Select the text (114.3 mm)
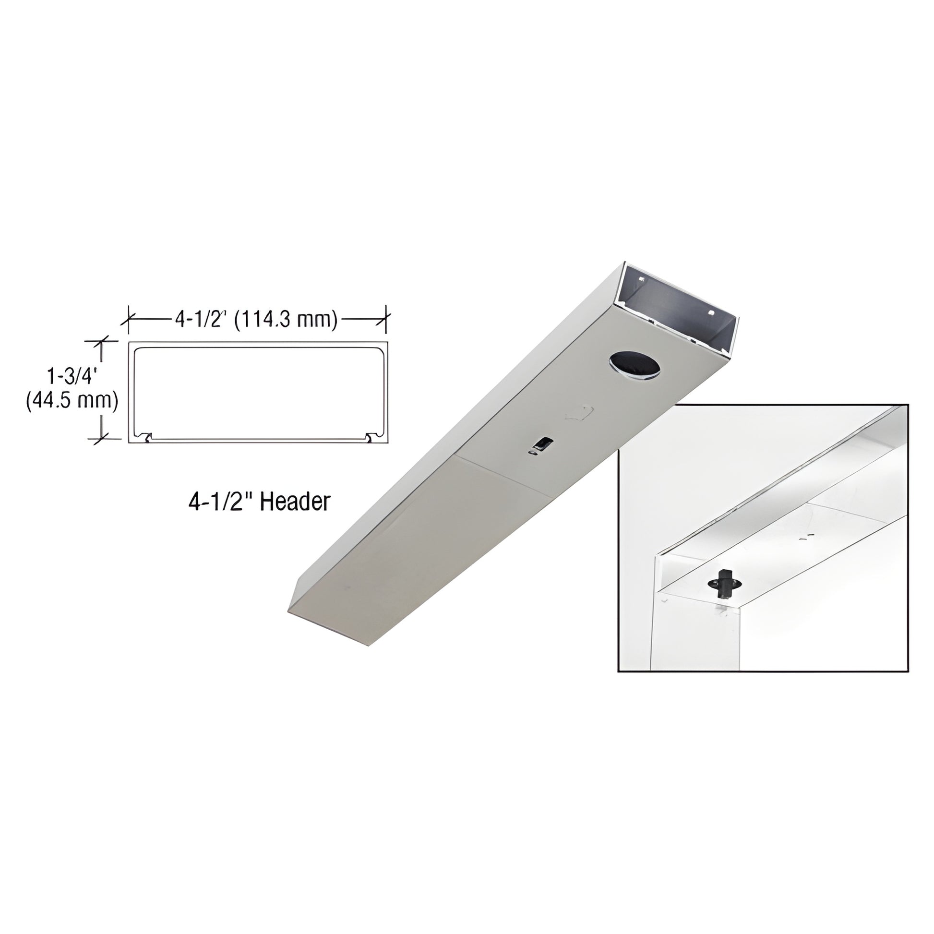286,320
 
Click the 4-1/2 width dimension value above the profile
202,319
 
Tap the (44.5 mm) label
72,401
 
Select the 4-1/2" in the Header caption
221,502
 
